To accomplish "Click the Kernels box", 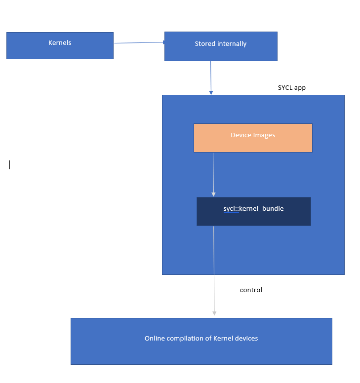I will pyautogui.click(x=60, y=46).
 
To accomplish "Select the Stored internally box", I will pyautogui.click(x=221, y=46).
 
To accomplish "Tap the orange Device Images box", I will pyautogui.click(x=253, y=138).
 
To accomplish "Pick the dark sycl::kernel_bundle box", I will pyautogui.click(x=254, y=211).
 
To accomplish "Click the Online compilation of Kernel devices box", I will pyautogui.click(x=201, y=341).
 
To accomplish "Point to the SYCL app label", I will pyautogui.click(x=292, y=88).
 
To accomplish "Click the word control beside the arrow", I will pyautogui.click(x=251, y=290).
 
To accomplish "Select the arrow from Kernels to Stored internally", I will pyautogui.click(x=139, y=43).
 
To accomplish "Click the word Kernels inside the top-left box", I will pyautogui.click(x=60, y=43).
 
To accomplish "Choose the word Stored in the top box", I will pyautogui.click(x=204, y=44).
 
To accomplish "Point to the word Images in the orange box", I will pyautogui.click(x=264, y=135).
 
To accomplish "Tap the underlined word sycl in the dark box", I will pyautogui.click(x=230, y=209).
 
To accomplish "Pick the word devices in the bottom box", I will pyautogui.click(x=246, y=339).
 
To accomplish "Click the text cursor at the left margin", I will pyautogui.click(x=9, y=165).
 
